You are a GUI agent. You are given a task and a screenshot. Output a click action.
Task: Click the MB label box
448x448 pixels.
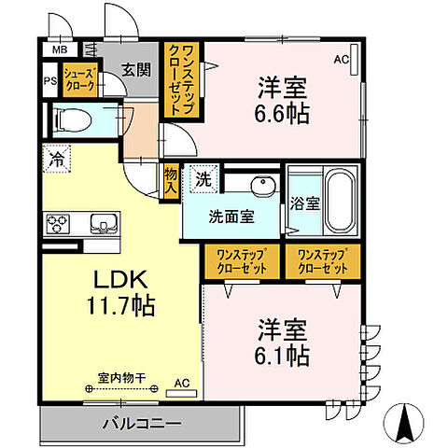(60, 49)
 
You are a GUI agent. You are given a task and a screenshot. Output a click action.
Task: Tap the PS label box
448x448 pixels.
(50, 79)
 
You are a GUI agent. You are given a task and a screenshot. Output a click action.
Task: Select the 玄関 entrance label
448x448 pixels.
(136, 69)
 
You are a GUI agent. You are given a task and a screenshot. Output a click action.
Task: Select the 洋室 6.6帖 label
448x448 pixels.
(283, 102)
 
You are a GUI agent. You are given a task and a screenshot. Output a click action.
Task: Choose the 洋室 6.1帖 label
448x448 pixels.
(283, 343)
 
